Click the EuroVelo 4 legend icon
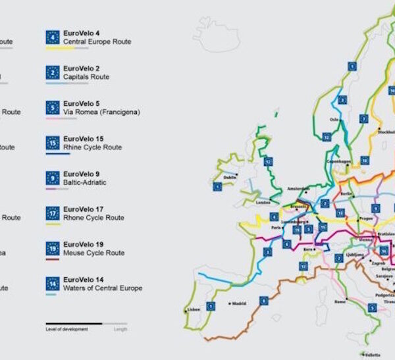pyautogui.click(x=53, y=37)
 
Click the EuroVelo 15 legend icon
pyautogui.click(x=53, y=142)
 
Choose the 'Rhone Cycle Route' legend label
pyautogui.click(x=93, y=218)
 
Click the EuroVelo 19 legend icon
pyautogui.click(x=53, y=248)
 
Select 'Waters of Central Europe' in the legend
pyautogui.click(x=103, y=288)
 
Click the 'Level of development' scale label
pyautogui.click(x=66, y=329)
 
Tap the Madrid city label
pyautogui.click(x=240, y=303)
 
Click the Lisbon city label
pyautogui.click(x=194, y=309)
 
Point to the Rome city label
pyautogui.click(x=340, y=301)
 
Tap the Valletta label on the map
pyautogui.click(x=373, y=354)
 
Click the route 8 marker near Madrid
pyautogui.click(x=263, y=301)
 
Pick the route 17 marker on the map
pyautogui.click(x=303, y=266)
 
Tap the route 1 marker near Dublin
pyautogui.click(x=217, y=187)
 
